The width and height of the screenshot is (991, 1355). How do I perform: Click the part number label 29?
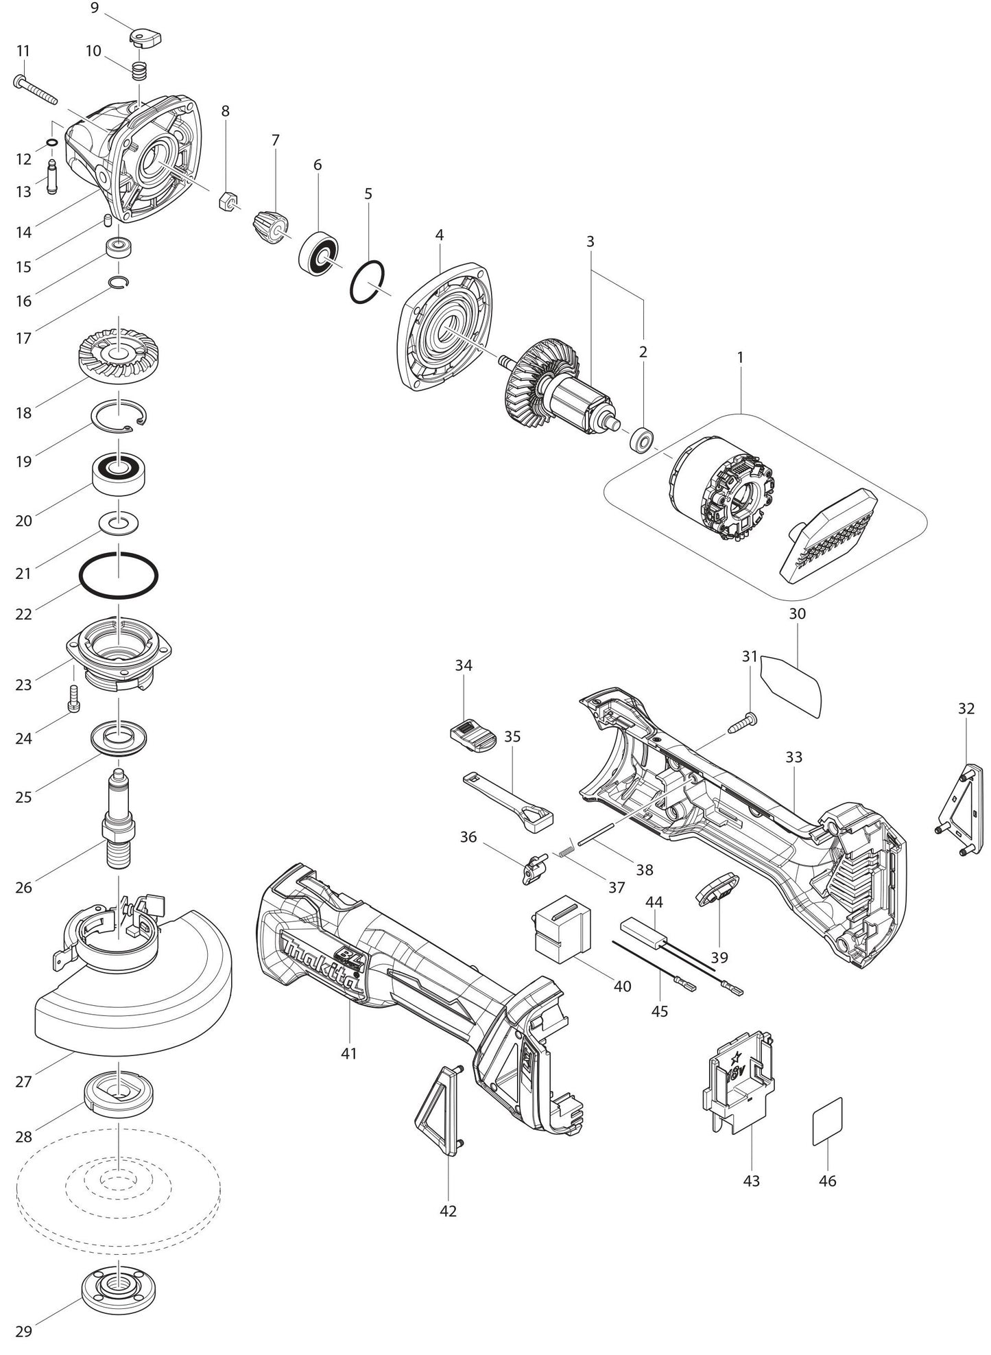(23, 1332)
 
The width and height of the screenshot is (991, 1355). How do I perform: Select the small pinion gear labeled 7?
(272, 226)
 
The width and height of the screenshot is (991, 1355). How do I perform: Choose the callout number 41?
(349, 1052)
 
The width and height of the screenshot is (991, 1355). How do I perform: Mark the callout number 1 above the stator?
(740, 357)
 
